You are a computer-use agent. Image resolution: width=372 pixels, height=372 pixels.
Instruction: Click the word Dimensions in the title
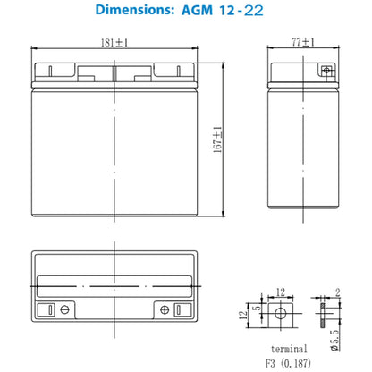(134, 10)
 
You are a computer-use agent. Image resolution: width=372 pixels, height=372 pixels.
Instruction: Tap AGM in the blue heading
(197, 11)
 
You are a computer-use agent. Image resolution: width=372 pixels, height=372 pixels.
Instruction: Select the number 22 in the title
(254, 11)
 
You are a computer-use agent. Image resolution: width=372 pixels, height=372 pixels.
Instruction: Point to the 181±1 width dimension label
(114, 43)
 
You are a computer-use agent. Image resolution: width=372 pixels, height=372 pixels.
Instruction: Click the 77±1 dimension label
(303, 42)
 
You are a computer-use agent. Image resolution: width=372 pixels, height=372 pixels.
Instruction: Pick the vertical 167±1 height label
(217, 139)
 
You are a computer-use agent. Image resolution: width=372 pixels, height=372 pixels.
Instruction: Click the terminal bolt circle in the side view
(326, 71)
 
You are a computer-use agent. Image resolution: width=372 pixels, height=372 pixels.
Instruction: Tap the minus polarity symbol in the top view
(65, 309)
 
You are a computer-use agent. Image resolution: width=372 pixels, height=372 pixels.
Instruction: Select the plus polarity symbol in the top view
(165, 309)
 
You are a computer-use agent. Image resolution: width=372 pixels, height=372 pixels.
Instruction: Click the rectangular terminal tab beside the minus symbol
(50, 309)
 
